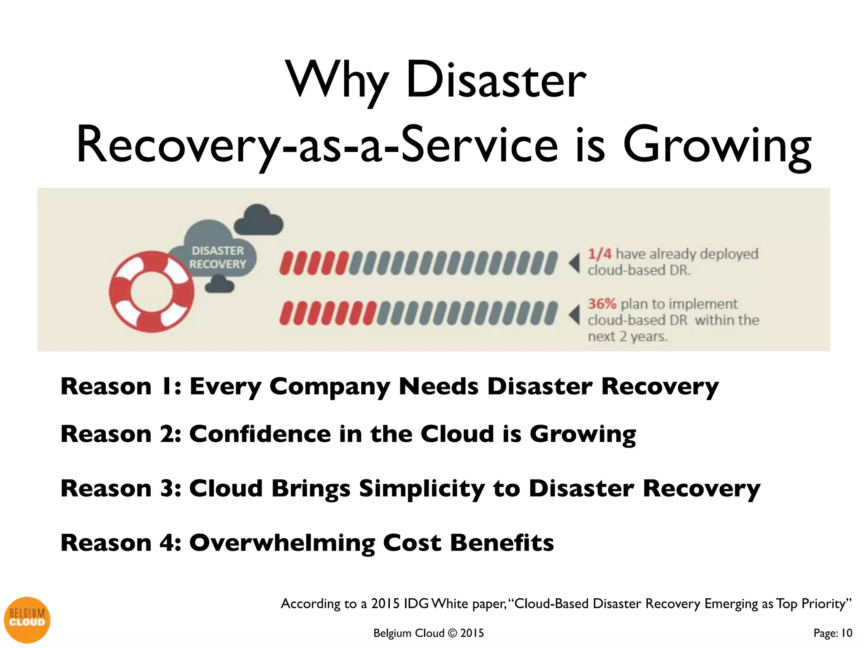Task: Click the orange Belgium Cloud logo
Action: [27, 619]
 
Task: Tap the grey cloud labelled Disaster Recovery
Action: [217, 253]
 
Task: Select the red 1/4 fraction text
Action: [599, 254]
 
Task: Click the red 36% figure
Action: [602, 304]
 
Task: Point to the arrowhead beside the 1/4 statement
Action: [575, 263]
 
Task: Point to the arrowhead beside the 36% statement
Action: [575, 315]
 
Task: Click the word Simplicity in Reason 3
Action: [421, 489]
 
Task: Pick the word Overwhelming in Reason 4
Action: [282, 543]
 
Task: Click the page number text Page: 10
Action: [833, 633]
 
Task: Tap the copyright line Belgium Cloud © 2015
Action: [428, 633]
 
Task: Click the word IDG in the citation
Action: [416, 604]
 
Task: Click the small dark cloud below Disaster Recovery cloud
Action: [219, 283]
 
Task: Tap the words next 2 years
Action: [627, 337]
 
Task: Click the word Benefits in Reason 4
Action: [502, 543]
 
